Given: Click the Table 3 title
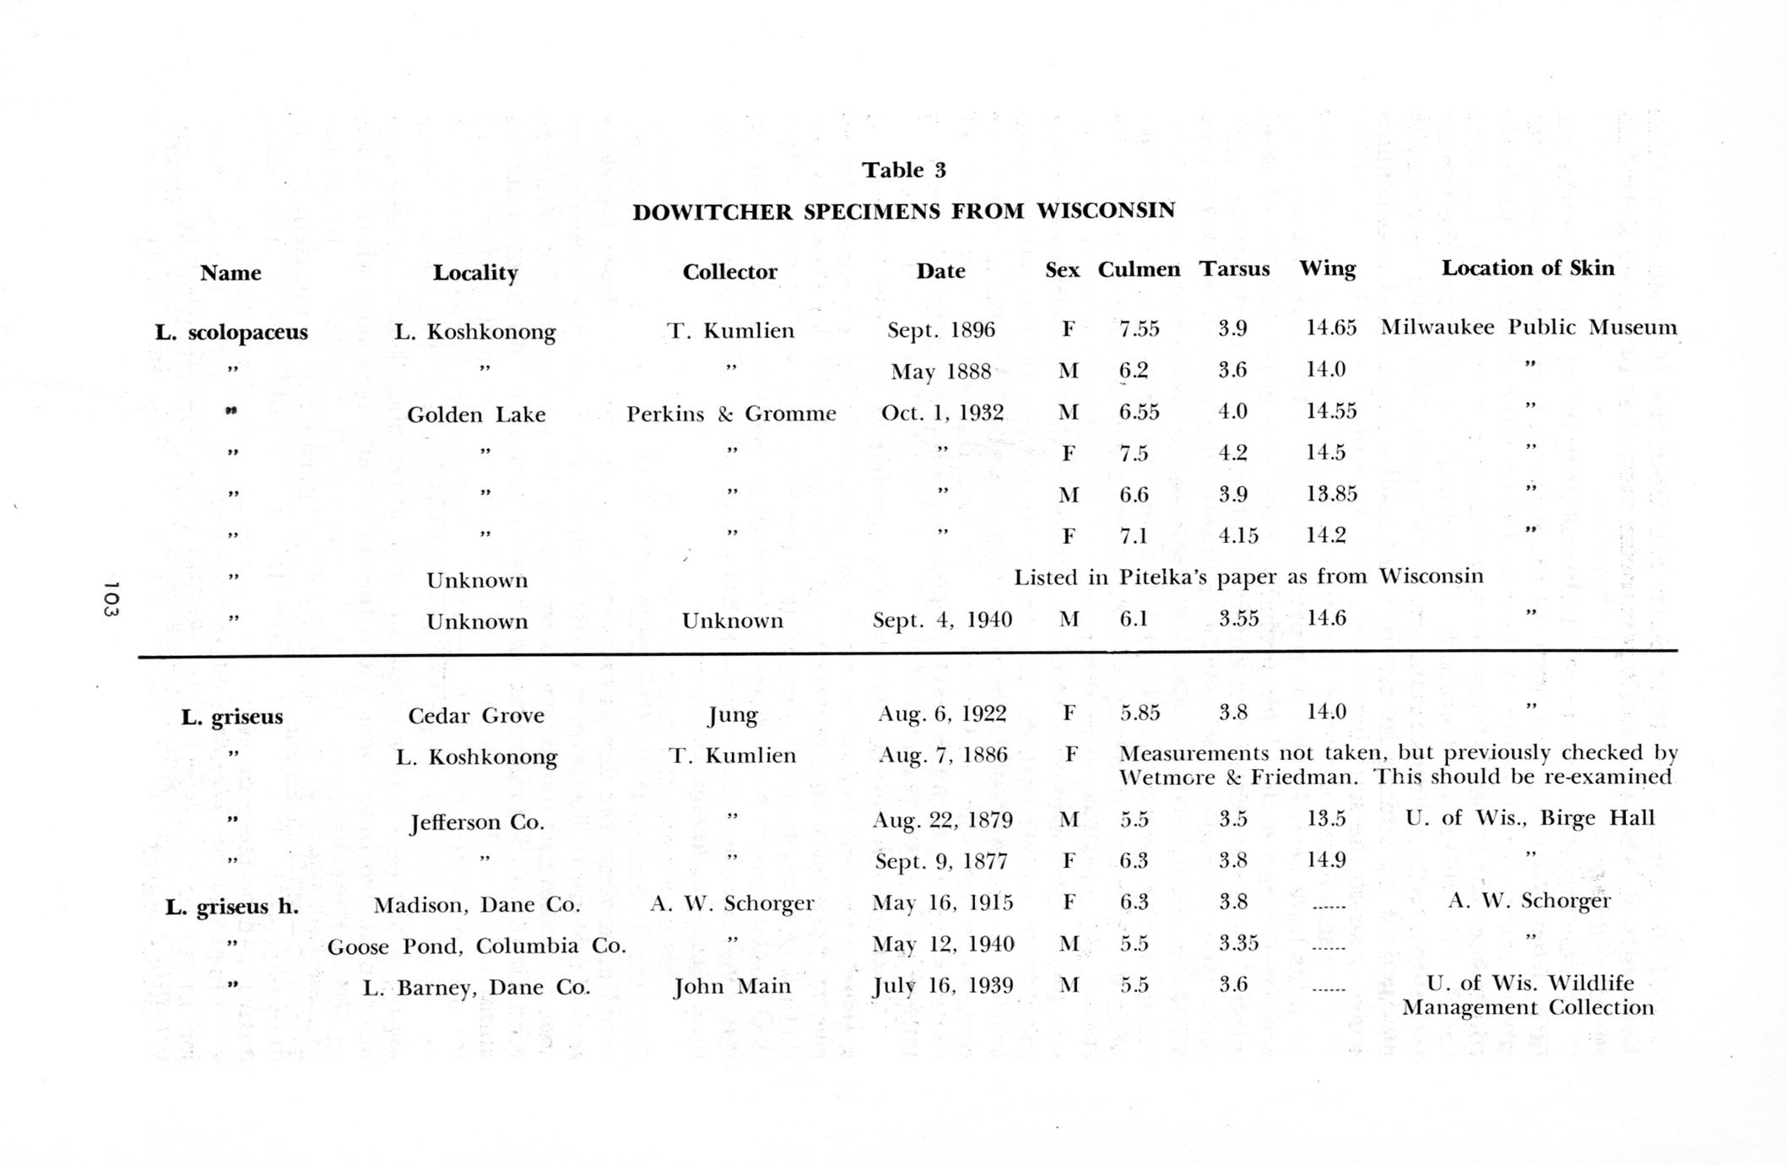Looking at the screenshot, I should point(903,171).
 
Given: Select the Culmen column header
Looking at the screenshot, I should point(1138,269).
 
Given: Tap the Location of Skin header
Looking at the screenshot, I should point(1527,268).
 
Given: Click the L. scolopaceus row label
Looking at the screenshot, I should point(231,332).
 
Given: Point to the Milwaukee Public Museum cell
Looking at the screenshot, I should point(1529,328).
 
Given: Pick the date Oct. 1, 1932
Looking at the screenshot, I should point(942,413).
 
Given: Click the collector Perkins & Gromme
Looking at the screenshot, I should point(731,414).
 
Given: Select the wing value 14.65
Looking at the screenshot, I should point(1331,328).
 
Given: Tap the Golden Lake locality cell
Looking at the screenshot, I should point(476,415).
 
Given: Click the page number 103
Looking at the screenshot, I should point(111,599).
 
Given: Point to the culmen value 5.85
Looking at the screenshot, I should point(1140,713).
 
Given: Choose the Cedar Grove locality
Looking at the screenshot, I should point(476,716).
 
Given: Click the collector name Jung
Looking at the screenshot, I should point(732,716).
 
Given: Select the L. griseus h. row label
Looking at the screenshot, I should point(232,908).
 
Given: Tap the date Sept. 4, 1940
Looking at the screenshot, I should point(942,620).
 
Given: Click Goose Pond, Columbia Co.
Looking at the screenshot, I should point(477,946).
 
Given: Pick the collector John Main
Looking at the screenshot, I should point(732,987).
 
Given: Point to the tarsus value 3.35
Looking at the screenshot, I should point(1238,943).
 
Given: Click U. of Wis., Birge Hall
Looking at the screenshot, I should point(1530,818).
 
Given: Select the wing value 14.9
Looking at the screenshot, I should point(1325,860).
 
